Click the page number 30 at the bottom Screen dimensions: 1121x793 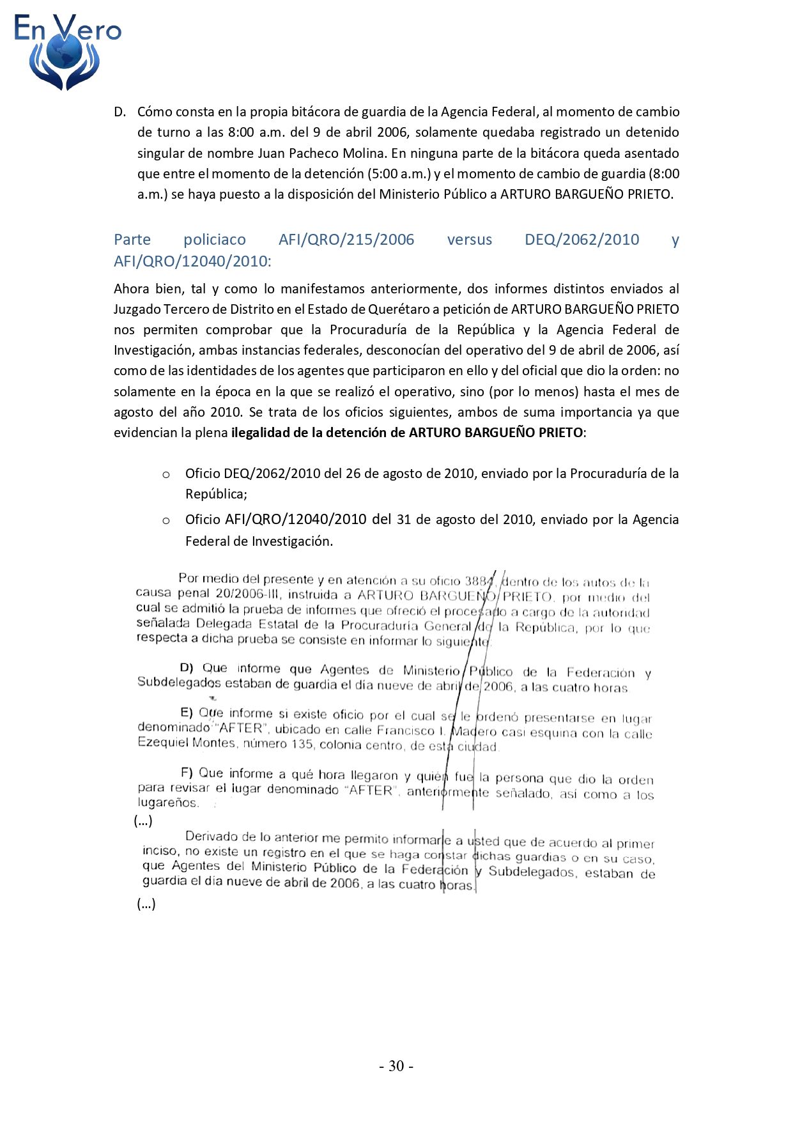click(x=396, y=1065)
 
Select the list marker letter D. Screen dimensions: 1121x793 click(x=119, y=112)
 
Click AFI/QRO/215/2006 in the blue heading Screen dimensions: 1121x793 click(x=346, y=240)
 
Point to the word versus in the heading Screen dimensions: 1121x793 click(x=470, y=240)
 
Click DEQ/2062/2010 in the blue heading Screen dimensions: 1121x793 click(x=581, y=240)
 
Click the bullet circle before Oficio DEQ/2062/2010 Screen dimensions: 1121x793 click(x=166, y=474)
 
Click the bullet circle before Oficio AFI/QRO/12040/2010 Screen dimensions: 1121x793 click(x=166, y=521)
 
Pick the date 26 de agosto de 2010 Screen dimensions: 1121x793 click(x=410, y=474)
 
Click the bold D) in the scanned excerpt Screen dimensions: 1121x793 click(x=187, y=668)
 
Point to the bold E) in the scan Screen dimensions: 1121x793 click(x=187, y=713)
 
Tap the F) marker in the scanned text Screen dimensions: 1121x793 click(x=187, y=773)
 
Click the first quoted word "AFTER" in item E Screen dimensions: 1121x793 click(x=240, y=728)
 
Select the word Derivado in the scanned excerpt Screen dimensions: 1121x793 click(x=211, y=837)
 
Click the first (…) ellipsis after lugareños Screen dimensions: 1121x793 click(x=143, y=821)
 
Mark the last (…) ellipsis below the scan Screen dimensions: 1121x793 click(x=146, y=904)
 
